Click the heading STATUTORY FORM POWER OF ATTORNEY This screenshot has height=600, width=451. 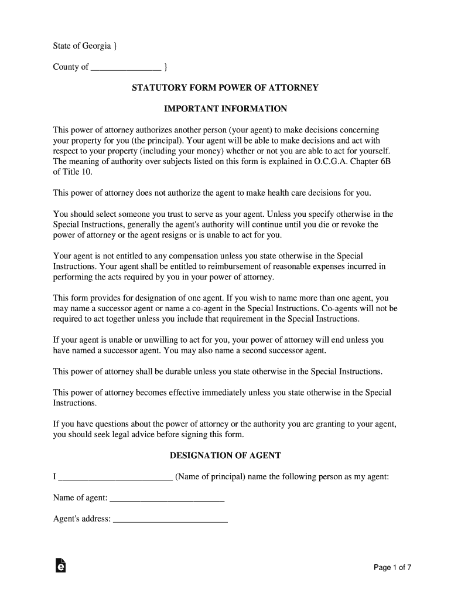(x=225, y=88)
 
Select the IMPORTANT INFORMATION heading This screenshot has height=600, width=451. (x=225, y=109)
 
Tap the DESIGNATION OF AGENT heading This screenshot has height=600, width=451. (x=225, y=455)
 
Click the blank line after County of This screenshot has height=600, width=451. (x=127, y=67)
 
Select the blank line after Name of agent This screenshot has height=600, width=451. (x=168, y=498)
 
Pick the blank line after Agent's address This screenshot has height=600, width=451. (x=170, y=519)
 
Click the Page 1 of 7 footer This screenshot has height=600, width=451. (x=393, y=567)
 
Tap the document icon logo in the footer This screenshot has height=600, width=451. (x=59, y=565)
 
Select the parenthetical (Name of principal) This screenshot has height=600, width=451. (x=210, y=477)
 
